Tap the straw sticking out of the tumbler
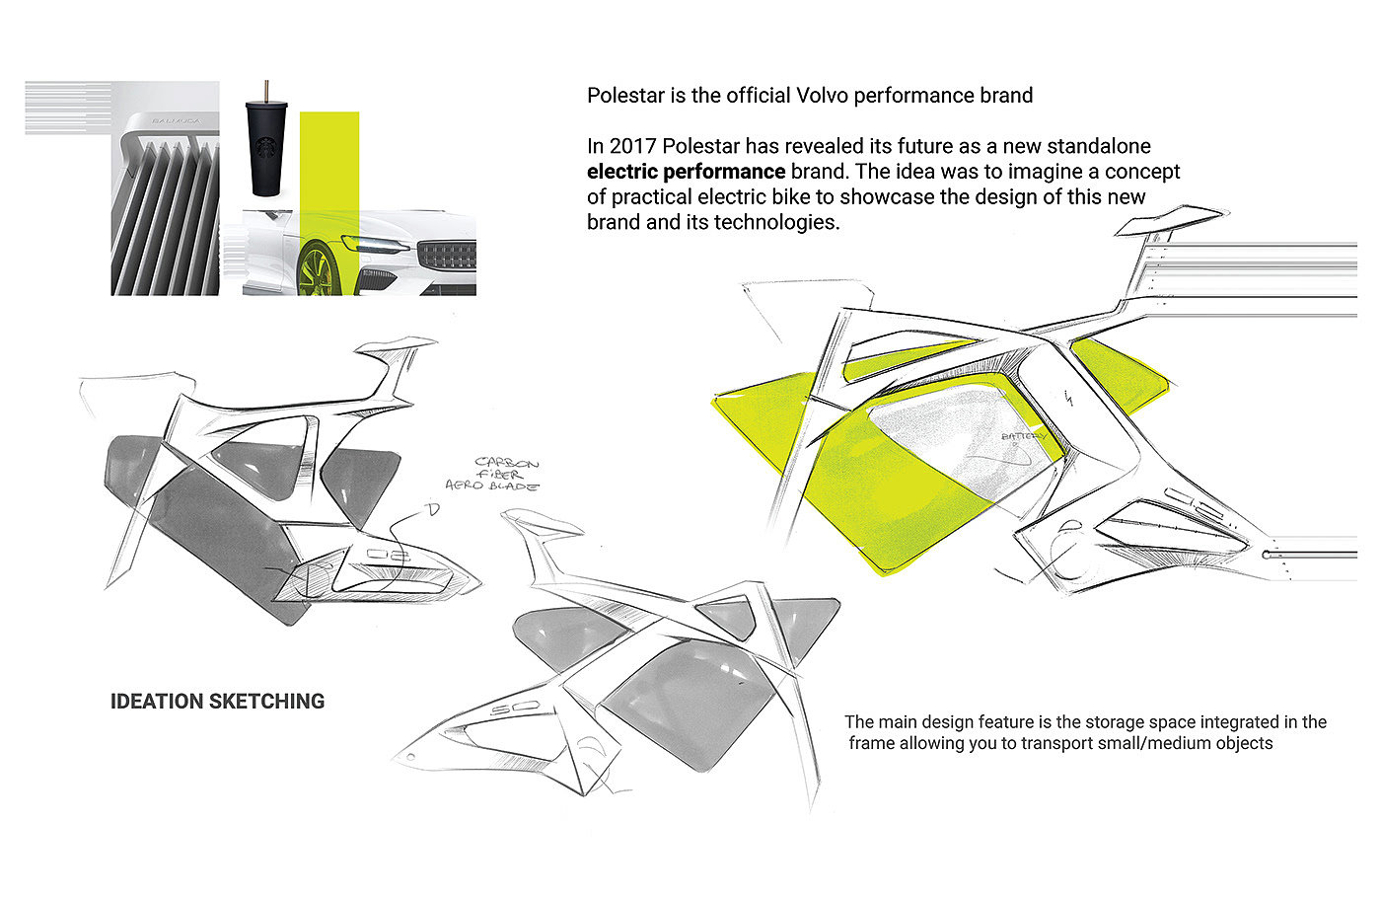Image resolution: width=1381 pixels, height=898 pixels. point(264,90)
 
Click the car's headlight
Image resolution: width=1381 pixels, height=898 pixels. point(376,245)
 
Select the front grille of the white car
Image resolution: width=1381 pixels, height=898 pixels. point(447,256)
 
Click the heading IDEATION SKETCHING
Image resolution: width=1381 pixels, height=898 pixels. point(217,702)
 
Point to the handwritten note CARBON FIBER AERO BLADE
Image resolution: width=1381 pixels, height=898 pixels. point(506,474)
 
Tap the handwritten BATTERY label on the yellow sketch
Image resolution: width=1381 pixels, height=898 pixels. point(1023,435)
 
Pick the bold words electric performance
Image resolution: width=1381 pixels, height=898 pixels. point(686,172)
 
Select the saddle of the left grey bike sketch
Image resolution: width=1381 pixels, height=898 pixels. point(395,346)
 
